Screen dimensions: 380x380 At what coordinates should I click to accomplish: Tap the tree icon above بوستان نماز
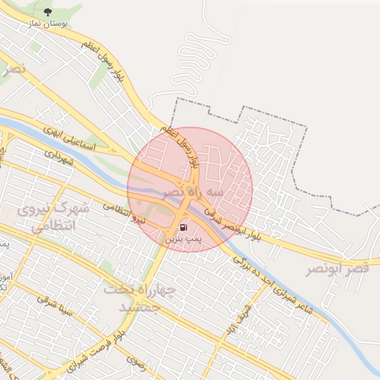(x=48, y=12)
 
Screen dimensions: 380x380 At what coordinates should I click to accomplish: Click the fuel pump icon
(x=183, y=228)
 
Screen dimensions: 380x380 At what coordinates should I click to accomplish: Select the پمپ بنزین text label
(x=183, y=240)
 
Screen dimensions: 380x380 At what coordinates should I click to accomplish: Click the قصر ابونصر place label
(x=338, y=269)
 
